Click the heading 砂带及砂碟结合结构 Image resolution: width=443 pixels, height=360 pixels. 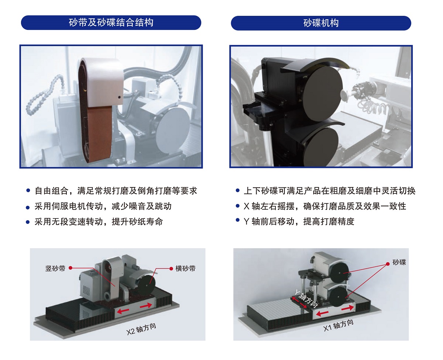[x=111, y=22]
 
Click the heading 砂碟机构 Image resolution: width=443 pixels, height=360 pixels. [x=321, y=23]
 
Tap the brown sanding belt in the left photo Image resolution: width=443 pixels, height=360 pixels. [x=100, y=133]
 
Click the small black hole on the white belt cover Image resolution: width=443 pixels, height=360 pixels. [x=119, y=97]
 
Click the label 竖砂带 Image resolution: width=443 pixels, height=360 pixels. [x=55, y=269]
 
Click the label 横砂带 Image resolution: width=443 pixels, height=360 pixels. [x=185, y=269]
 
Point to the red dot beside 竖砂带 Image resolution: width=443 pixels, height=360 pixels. [x=71, y=268]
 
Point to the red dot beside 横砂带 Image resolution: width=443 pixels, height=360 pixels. [x=171, y=269]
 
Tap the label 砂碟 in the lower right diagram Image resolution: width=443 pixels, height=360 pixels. [x=399, y=262]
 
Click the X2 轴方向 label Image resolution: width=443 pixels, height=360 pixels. [x=141, y=329]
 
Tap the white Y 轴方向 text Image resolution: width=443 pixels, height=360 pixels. [x=306, y=299]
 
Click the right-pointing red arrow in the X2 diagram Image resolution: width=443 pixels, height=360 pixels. [x=146, y=305]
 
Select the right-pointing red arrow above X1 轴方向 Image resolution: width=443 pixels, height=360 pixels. [x=348, y=308]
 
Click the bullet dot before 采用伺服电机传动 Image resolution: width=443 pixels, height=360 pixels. [x=28, y=207]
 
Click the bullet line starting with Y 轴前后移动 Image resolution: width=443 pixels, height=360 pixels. [x=299, y=221]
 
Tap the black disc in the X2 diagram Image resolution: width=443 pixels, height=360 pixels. [x=147, y=285]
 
